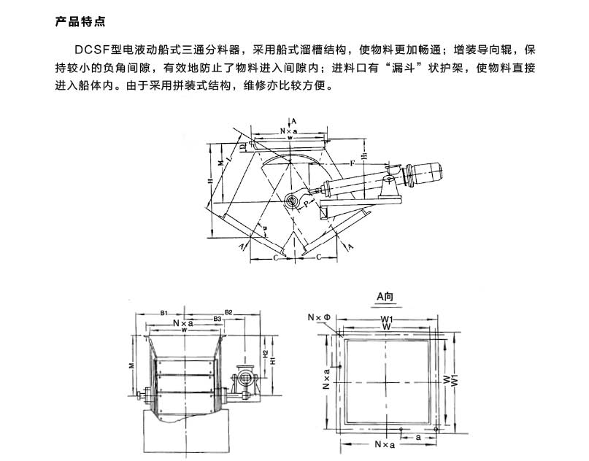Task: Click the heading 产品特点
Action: point(80,21)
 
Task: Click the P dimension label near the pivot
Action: point(308,206)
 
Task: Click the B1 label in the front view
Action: point(165,312)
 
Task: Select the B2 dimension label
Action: point(228,312)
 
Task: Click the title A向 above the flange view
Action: point(385,296)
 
